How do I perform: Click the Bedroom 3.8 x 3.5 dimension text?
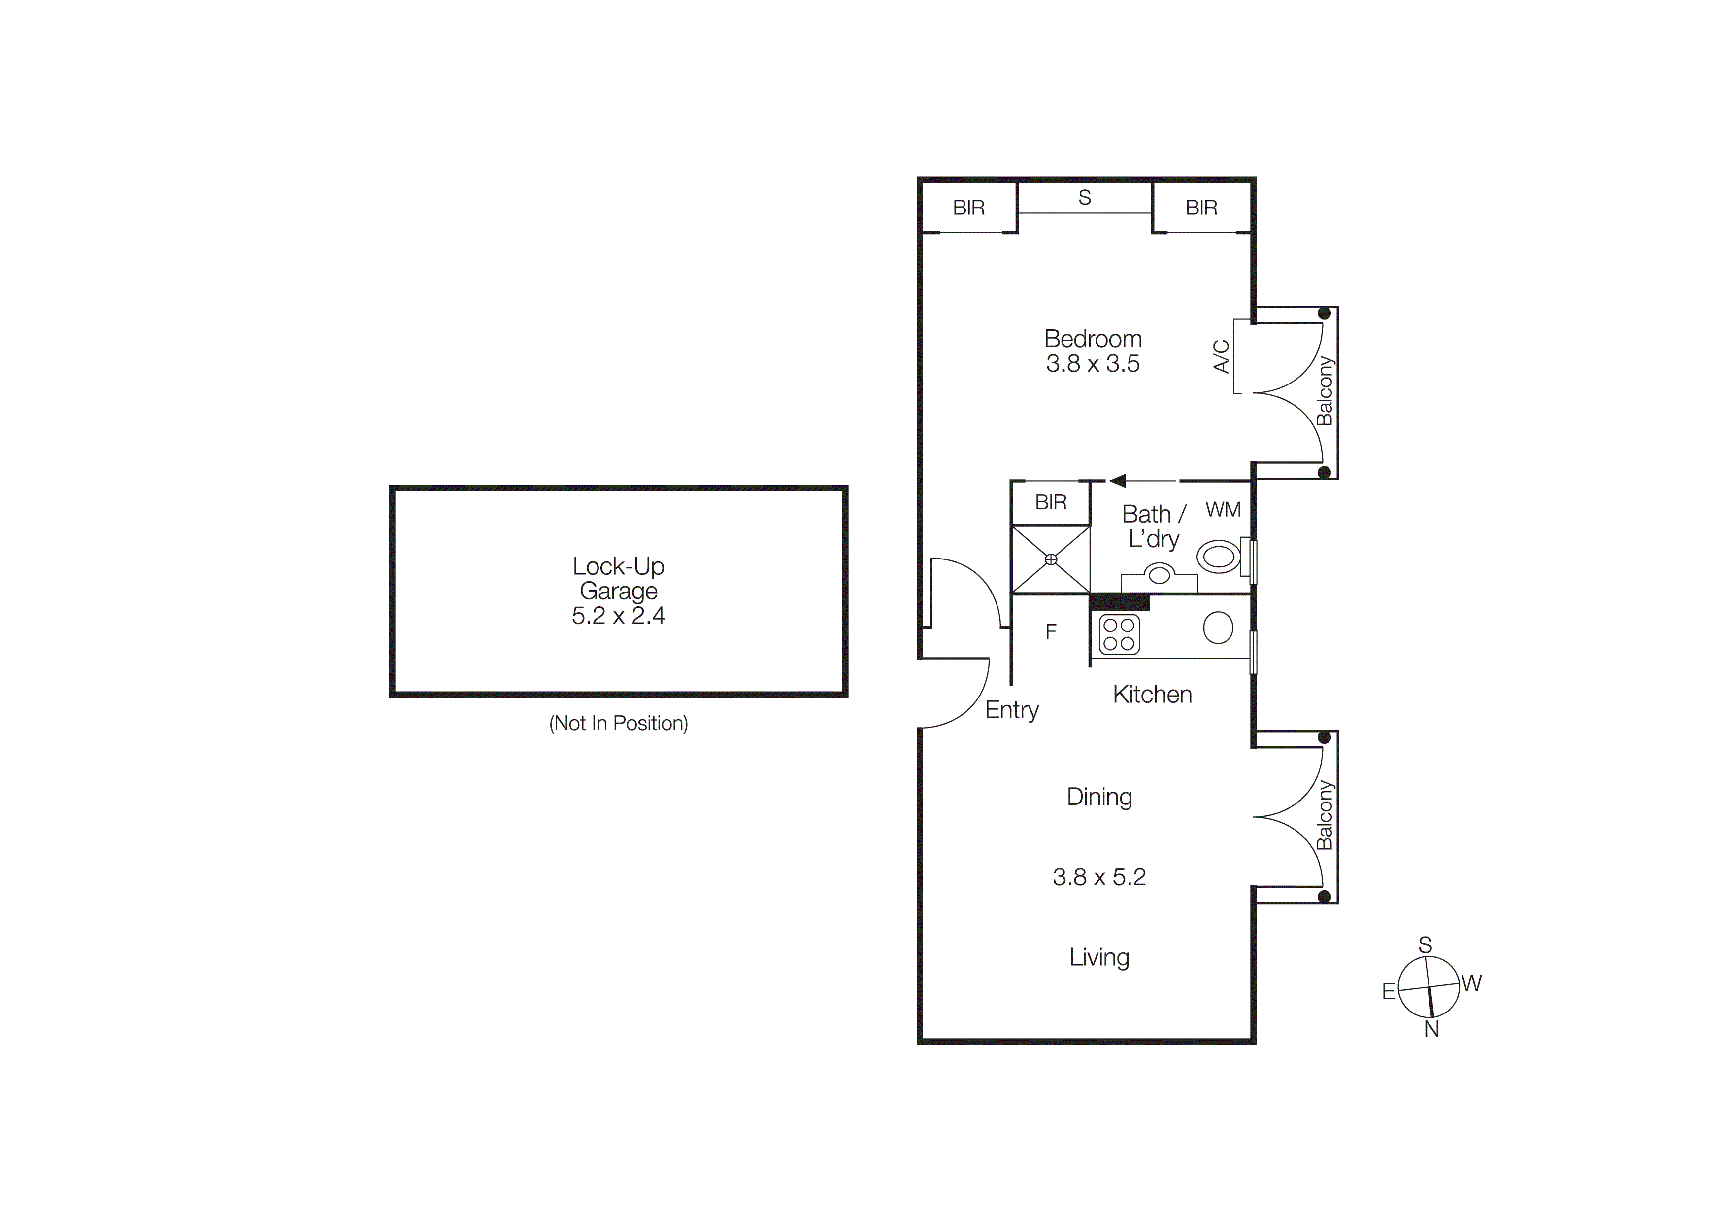pyautogui.click(x=1093, y=364)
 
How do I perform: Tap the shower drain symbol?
pyautogui.click(x=1051, y=559)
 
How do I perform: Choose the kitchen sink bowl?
pyautogui.click(x=1218, y=627)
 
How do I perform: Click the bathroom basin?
pyautogui.click(x=1159, y=575)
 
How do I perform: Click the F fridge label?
pyautogui.click(x=1051, y=632)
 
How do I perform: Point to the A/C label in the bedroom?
pyautogui.click(x=1222, y=356)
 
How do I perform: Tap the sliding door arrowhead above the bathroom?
pyautogui.click(x=1118, y=480)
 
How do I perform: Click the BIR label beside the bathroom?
pyautogui.click(x=1051, y=502)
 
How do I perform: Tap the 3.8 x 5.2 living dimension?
pyautogui.click(x=1099, y=877)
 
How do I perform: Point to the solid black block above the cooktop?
pyautogui.click(x=1119, y=602)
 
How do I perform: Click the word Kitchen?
pyautogui.click(x=1152, y=694)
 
